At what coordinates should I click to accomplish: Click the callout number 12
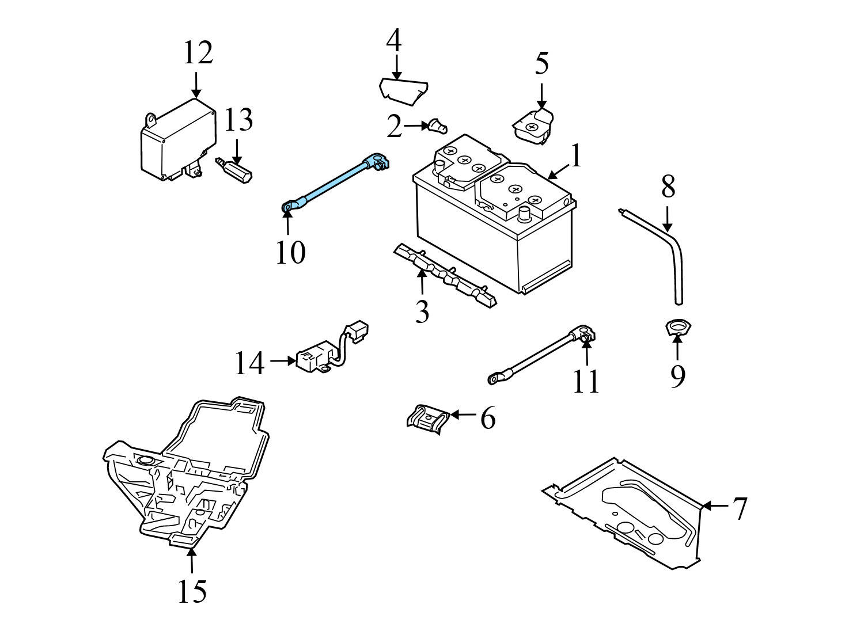click(x=198, y=53)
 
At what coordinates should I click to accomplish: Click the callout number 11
click(x=586, y=381)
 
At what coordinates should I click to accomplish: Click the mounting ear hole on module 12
click(x=151, y=119)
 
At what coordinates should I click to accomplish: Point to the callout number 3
click(x=422, y=311)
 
